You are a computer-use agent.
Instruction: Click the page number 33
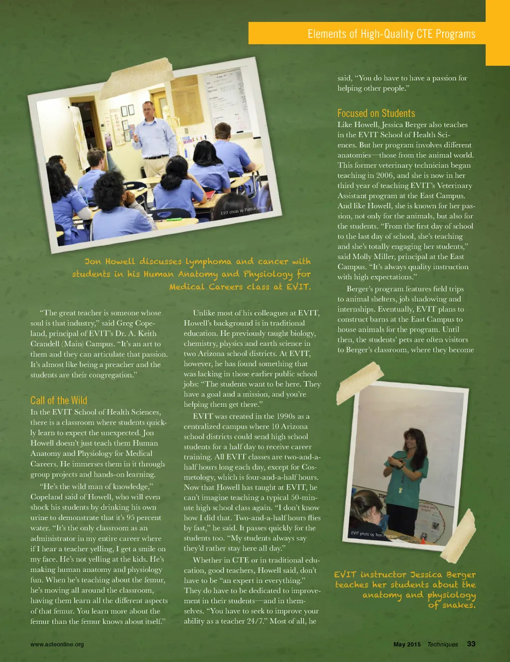click(471, 644)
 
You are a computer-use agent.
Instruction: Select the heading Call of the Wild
click(59, 400)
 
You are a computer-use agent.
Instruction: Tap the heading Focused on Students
click(376, 113)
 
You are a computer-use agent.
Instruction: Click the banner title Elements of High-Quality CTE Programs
click(391, 34)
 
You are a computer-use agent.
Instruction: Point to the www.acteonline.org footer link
click(57, 645)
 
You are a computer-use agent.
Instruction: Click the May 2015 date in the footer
click(407, 645)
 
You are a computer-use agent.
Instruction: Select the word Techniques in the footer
click(442, 645)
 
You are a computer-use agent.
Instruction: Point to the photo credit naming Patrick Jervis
click(244, 210)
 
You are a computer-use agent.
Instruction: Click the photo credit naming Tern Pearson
click(374, 534)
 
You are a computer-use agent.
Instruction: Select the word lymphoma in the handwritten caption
click(208, 262)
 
